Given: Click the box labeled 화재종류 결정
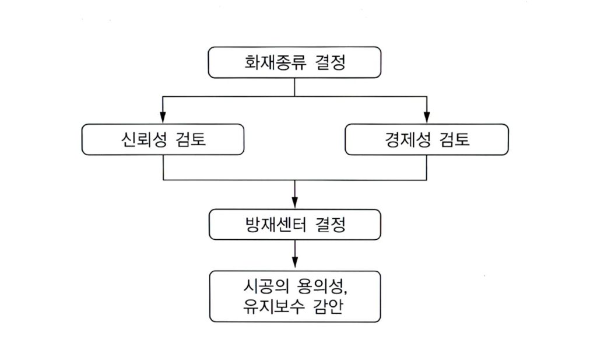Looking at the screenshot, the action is coord(294,62).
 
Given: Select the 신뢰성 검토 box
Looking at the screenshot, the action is coord(163,139).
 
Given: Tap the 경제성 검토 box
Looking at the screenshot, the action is coord(426,139).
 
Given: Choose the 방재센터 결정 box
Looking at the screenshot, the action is coord(294,225).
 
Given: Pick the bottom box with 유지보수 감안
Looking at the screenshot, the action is coord(295,296).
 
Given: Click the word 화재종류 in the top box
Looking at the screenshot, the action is coord(275,62).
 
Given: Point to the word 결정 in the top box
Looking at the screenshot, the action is coord(331,62).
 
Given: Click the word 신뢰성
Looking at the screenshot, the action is coord(144,139).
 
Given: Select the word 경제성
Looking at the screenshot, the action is coord(408,139).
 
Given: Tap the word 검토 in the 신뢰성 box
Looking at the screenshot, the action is coord(191,139).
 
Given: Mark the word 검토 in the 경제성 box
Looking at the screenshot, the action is coord(454,139).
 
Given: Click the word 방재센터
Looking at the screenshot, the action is coord(276,225).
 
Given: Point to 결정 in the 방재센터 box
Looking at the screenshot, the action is coord(331,225).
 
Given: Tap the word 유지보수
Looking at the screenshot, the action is coord(273,306).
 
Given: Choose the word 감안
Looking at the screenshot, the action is coord(328,306).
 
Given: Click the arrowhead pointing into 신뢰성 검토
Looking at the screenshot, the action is coord(163,117).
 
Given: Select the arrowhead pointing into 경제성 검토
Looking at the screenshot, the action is coord(426,117).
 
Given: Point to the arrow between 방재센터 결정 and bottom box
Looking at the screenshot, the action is coord(294,254).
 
